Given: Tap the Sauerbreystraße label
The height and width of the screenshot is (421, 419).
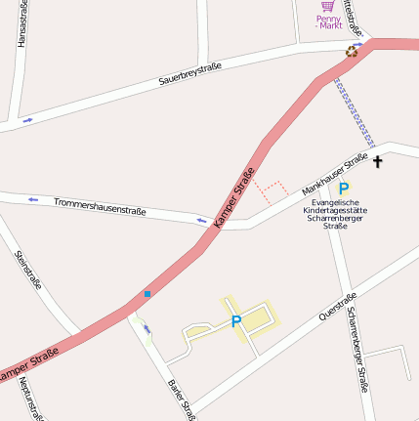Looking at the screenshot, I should click(x=190, y=74).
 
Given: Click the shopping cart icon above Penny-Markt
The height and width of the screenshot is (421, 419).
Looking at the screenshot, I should click(x=328, y=5).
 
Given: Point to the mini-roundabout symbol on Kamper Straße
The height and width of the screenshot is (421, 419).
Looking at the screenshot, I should click(x=352, y=51).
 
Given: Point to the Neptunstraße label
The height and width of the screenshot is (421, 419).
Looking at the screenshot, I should click(x=29, y=399).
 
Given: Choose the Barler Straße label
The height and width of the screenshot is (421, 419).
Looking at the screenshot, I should click(x=183, y=400).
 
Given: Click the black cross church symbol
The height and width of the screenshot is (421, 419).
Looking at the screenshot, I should click(x=378, y=159).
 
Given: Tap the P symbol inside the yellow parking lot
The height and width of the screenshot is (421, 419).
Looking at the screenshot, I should click(x=235, y=320).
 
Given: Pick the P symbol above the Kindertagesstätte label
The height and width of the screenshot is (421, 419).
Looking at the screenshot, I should click(x=344, y=188).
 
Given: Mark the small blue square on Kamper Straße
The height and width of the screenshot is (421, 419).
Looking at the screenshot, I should click(x=147, y=293).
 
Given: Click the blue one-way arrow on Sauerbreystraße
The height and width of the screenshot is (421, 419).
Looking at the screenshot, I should click(x=26, y=120).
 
